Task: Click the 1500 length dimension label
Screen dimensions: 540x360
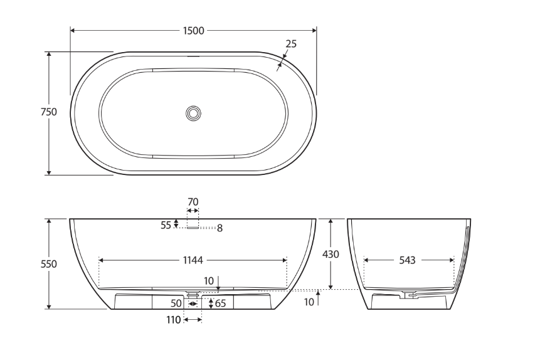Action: point(194,31)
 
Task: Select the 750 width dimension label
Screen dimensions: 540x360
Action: point(49,112)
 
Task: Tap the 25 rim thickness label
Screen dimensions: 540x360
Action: point(291,44)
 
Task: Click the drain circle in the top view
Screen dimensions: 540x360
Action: point(193,113)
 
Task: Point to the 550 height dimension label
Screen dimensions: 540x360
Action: point(49,264)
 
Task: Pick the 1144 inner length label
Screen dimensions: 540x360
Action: point(193,260)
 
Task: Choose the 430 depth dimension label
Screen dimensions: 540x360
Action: point(331,254)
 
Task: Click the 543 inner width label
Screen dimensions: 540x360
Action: point(408,260)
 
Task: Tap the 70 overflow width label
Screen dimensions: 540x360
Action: point(193,201)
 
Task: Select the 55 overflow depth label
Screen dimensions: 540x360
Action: point(166,225)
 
